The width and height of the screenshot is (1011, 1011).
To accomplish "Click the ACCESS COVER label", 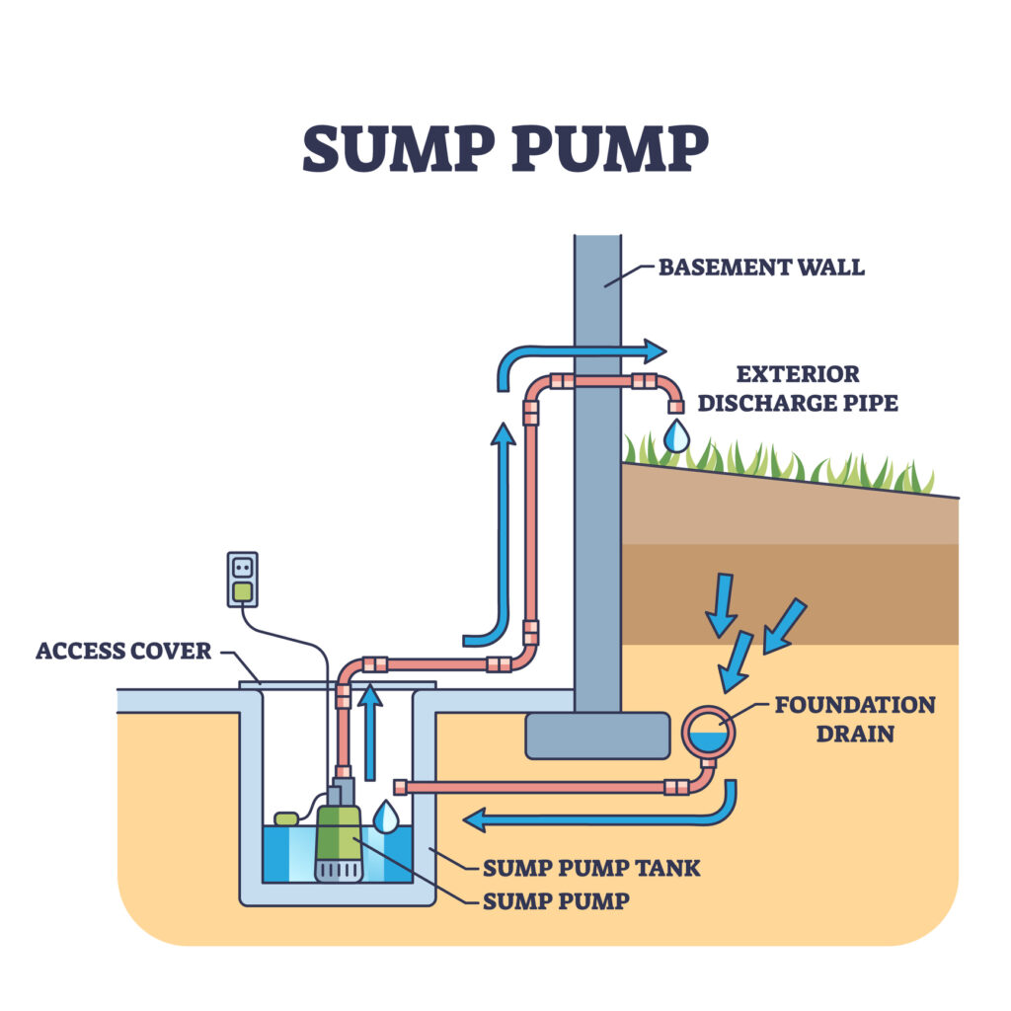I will [x=123, y=651].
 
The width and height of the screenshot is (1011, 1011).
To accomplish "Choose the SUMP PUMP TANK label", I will [x=591, y=869].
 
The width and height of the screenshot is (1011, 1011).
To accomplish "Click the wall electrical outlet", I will [x=242, y=579].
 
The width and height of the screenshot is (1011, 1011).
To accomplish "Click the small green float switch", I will [x=286, y=818].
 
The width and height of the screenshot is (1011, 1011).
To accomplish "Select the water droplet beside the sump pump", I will [x=386, y=816].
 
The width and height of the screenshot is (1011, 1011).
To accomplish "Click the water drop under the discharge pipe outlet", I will [x=676, y=435].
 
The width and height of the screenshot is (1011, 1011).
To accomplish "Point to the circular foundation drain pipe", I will [x=708, y=733].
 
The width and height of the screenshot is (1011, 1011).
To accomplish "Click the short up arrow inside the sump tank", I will [x=369, y=731].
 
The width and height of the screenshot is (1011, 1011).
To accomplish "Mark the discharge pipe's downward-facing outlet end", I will [x=676, y=405].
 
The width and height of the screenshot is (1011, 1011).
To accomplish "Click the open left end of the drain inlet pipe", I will [x=400, y=787].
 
